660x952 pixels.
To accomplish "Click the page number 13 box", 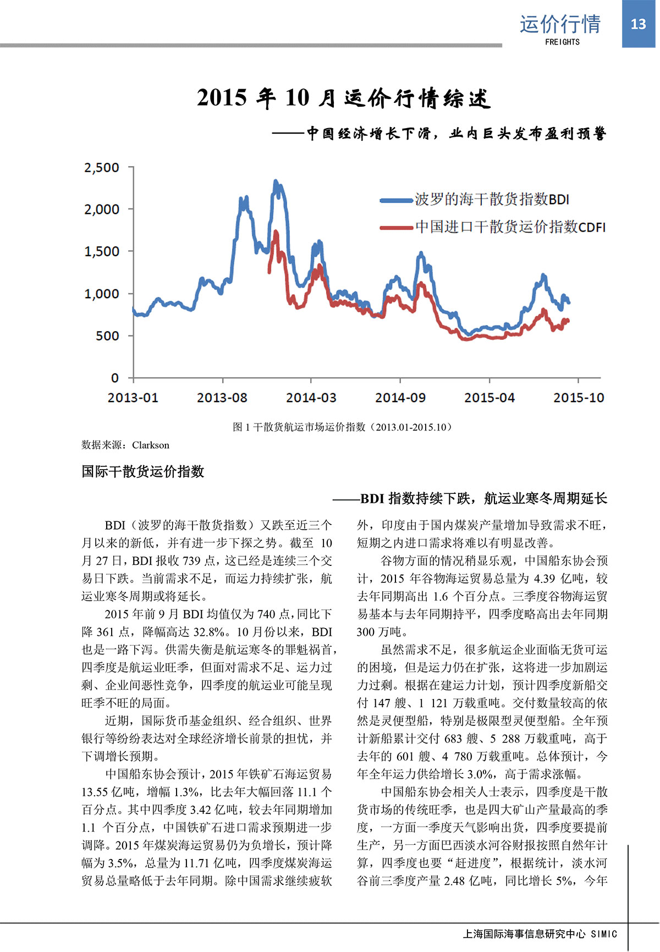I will click(x=638, y=24).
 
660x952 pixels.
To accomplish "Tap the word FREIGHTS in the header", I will click(x=562, y=42).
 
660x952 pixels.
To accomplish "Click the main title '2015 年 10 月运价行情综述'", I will click(x=343, y=98).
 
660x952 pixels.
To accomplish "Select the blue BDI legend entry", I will click(x=475, y=199).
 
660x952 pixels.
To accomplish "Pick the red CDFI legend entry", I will click(x=493, y=227).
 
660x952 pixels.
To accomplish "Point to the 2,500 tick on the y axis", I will click(x=102, y=168).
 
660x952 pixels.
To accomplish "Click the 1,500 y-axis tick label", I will click(x=102, y=252).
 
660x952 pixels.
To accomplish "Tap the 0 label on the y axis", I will click(x=114, y=378).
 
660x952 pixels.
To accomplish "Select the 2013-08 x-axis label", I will click(x=222, y=398).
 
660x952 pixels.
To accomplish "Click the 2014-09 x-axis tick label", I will click(x=400, y=398).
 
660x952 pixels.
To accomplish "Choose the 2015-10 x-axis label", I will click(x=579, y=398).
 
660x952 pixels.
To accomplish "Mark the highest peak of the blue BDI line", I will click(x=276, y=181).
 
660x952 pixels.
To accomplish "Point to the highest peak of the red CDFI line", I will click(x=276, y=232).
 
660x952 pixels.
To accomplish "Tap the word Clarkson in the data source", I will click(x=151, y=445).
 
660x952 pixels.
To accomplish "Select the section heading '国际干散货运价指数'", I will click(x=143, y=471).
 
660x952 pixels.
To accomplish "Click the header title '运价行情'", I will click(x=560, y=24).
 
